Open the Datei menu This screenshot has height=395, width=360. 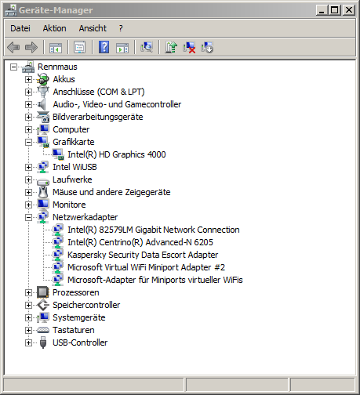pos(20,28)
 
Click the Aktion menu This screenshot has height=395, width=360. pos(54,28)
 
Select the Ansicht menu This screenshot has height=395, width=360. pos(93,28)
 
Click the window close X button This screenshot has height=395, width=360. pos(349,10)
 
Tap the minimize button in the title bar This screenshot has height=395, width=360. pos(322,10)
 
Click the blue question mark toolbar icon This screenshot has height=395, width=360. pos(104,47)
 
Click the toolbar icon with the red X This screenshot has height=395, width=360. pos(189,48)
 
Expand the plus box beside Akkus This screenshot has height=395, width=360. pos(28,79)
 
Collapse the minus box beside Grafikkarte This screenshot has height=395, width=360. pos(28,142)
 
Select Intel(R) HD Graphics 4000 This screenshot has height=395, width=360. pos(117,154)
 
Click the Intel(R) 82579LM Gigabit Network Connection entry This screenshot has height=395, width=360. pos(154,230)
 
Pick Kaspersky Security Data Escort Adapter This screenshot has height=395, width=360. pos(143,255)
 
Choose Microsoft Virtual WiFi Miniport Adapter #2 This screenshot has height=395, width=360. pos(146,267)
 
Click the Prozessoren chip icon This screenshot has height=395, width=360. pos(43,292)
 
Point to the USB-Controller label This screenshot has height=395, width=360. pos(80,342)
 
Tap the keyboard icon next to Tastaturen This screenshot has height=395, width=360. pos(43,330)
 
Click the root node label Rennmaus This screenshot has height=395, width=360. pos(57,67)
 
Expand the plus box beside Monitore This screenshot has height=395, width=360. pos(28,205)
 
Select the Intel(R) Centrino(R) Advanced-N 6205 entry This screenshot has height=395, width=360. pos(140,242)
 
